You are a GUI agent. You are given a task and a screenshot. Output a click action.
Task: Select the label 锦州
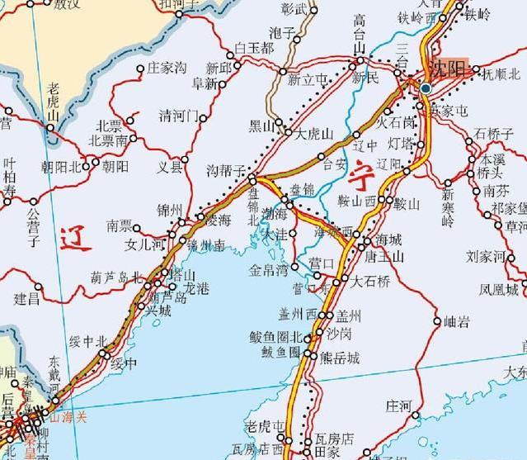[169, 211]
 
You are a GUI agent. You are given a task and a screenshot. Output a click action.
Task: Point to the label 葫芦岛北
[115, 277]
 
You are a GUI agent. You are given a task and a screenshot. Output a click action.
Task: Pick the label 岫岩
[456, 322]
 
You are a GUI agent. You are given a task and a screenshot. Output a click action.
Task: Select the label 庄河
[398, 405]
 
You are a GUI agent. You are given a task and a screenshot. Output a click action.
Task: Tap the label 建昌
[26, 298]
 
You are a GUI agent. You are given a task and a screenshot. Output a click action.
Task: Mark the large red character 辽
[75, 239]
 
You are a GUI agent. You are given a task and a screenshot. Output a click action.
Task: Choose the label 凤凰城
[501, 290]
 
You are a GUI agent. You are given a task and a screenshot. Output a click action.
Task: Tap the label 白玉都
[253, 49]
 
